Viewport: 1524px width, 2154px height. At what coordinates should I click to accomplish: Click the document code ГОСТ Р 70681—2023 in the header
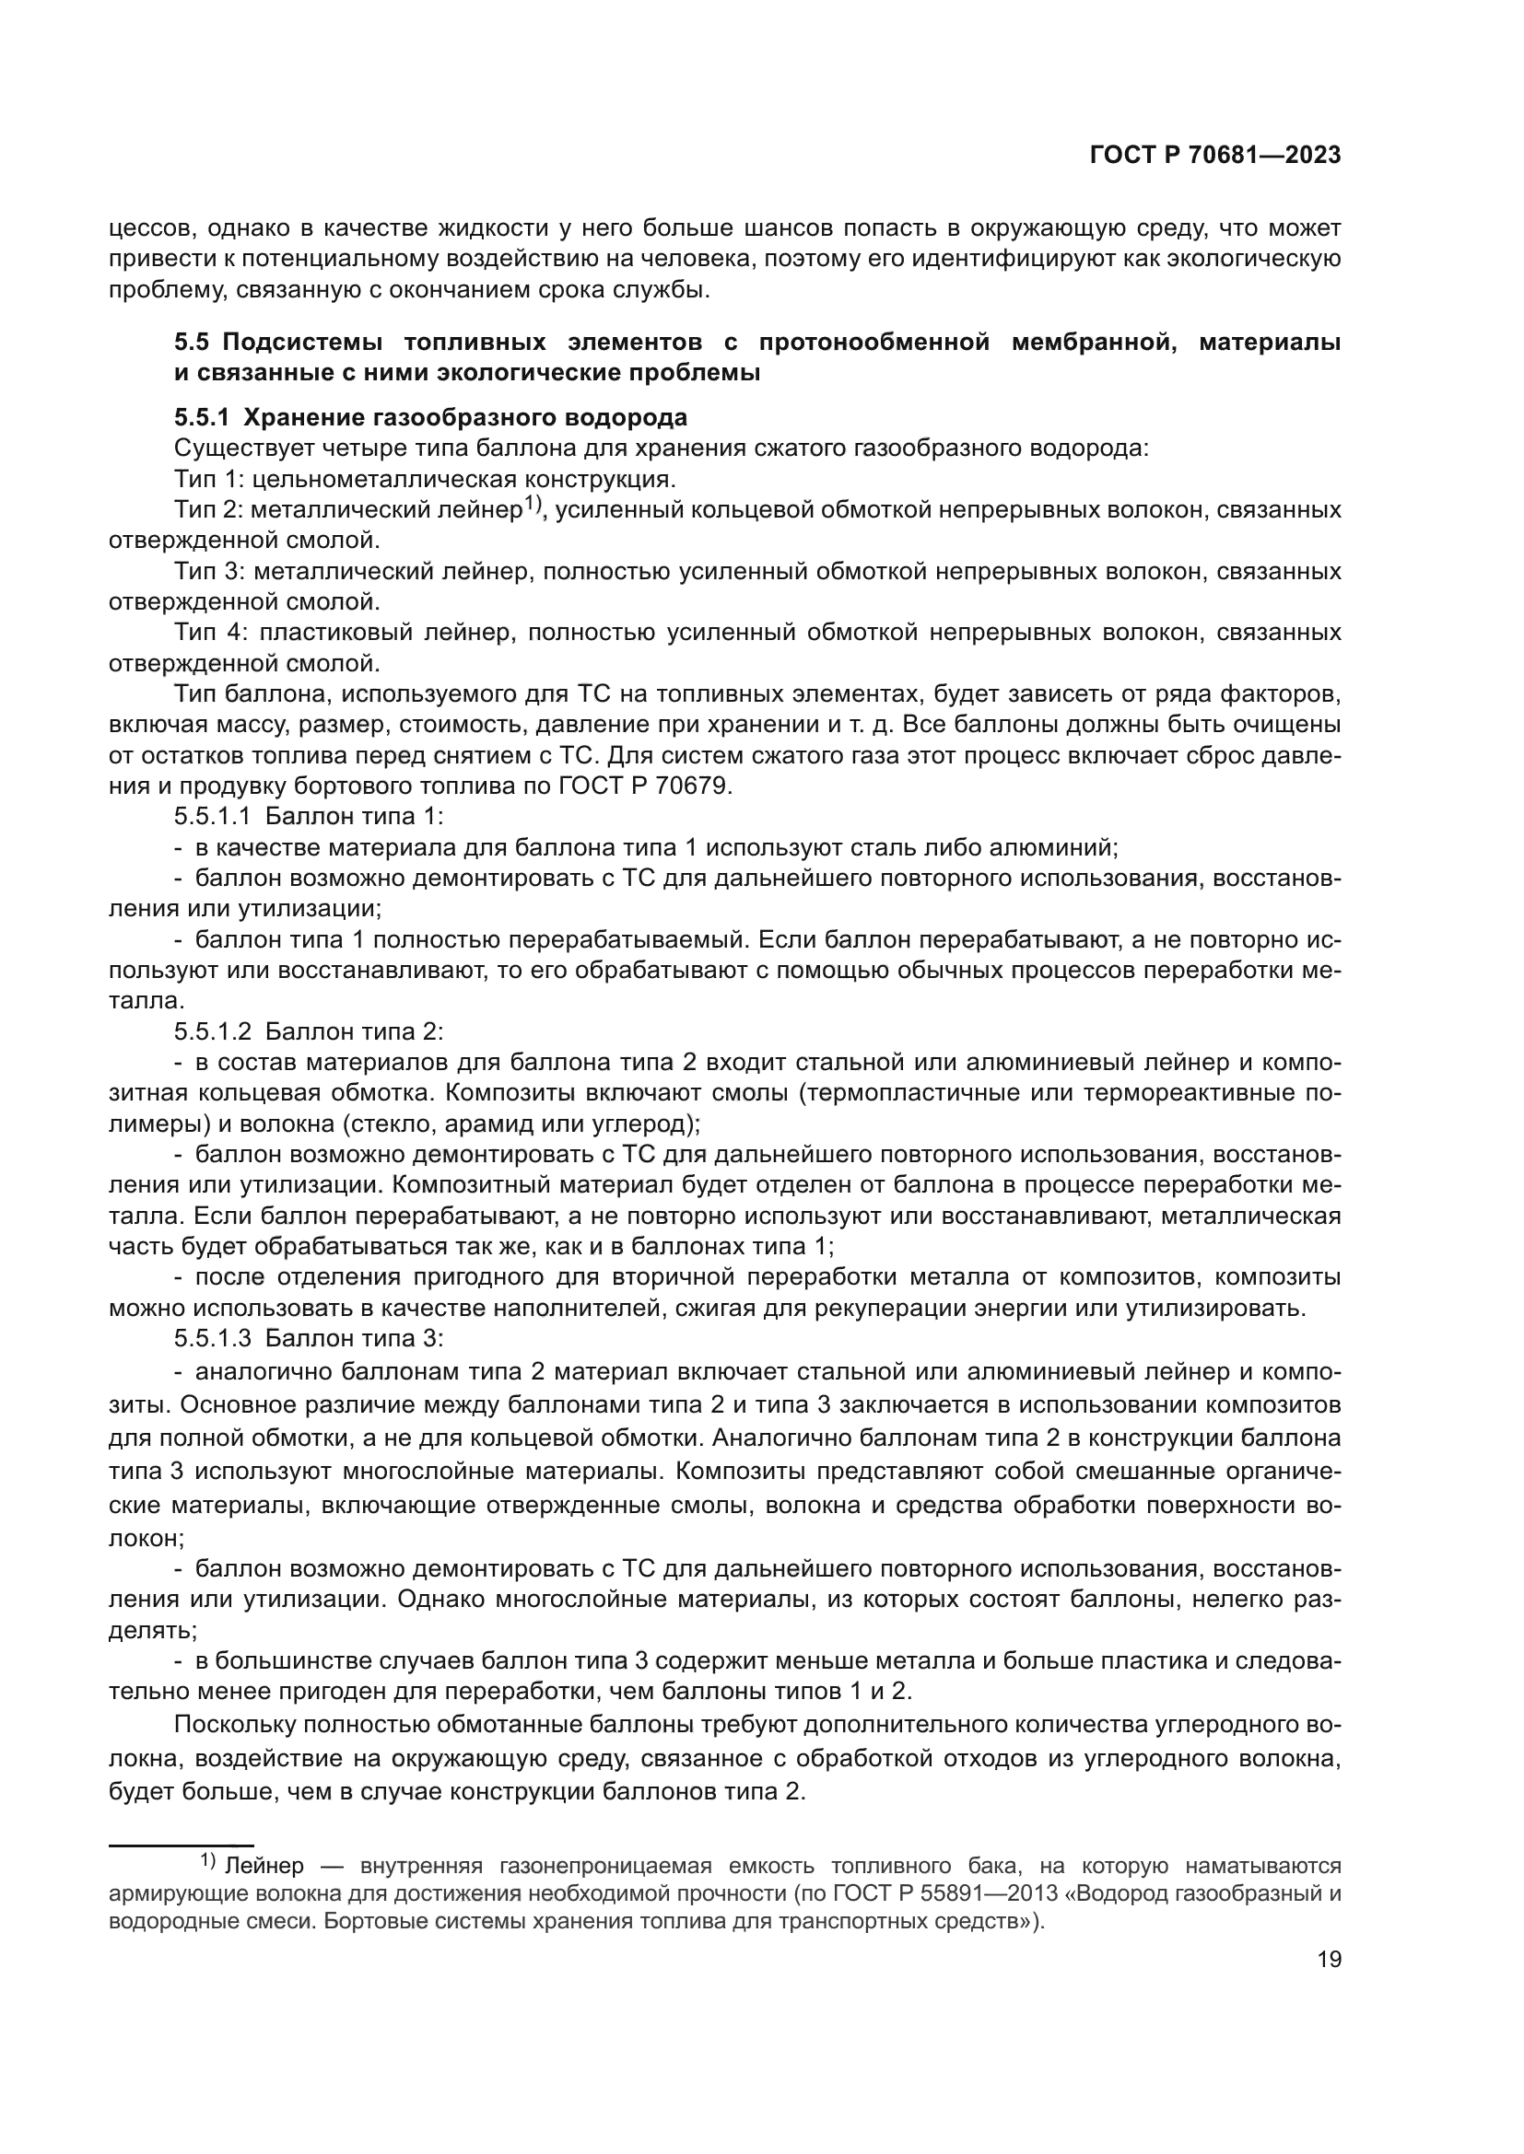[1214, 156]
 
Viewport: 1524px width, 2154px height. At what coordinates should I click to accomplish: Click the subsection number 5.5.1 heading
[202, 416]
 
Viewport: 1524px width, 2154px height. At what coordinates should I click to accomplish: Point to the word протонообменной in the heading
[873, 343]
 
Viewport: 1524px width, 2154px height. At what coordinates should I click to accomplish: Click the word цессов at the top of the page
[149, 228]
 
